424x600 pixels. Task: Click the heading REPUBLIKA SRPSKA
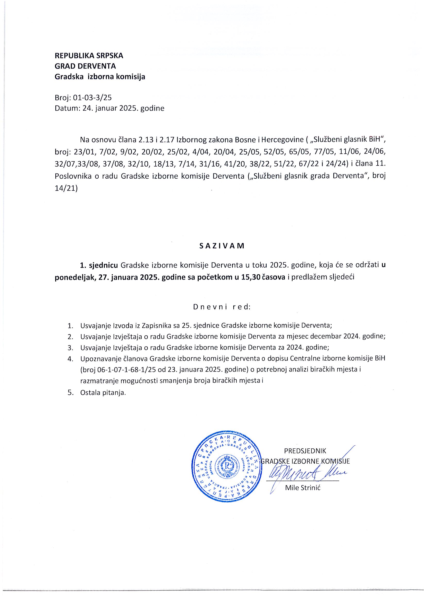click(x=89, y=56)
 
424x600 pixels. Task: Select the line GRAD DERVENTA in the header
click(x=85, y=66)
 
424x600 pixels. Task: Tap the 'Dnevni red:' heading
click(x=222, y=307)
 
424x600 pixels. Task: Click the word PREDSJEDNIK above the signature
click(x=305, y=451)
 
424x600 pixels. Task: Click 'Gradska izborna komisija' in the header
click(x=100, y=77)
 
